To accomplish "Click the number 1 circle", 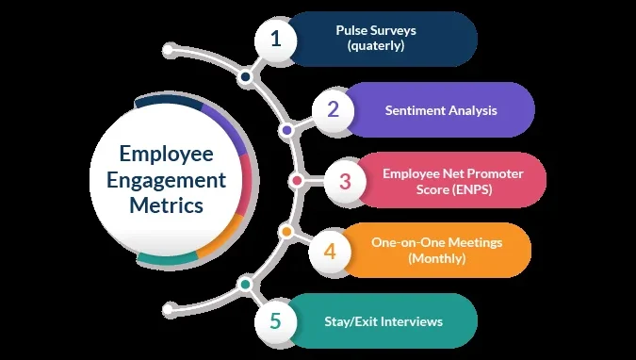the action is (276, 40).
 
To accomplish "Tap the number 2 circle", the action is (333, 110).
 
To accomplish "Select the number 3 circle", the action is (345, 181).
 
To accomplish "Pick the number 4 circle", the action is (330, 252).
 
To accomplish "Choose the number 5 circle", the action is (276, 321).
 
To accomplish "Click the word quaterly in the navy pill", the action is (376, 45).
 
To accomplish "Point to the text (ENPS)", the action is (472, 189).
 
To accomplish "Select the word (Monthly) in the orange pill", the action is (437, 258).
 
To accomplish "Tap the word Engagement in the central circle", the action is (166, 181).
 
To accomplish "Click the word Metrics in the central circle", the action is (166, 205).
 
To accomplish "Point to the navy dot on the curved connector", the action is (245, 76).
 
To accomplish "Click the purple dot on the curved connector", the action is (286, 131).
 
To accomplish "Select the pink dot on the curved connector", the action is (297, 181).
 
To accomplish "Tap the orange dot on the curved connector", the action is (286, 232).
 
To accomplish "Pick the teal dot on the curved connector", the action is (245, 284).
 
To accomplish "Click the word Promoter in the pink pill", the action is (496, 173).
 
